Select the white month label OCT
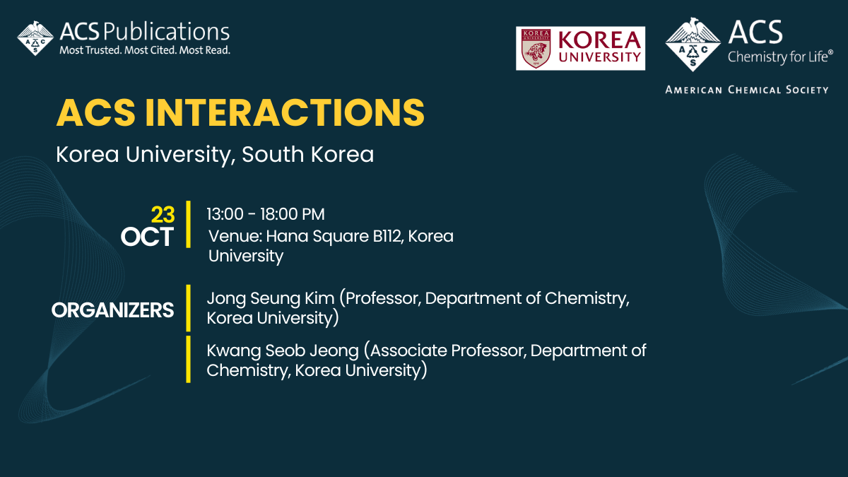coord(147,237)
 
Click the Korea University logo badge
coord(580,48)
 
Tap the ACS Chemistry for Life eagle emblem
coord(693,44)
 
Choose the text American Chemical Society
coord(746,90)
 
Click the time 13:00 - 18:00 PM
coord(266,214)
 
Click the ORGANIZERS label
coord(113,310)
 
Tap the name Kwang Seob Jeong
coord(282,351)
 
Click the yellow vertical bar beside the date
coord(189,224)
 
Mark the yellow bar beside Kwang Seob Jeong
coord(189,359)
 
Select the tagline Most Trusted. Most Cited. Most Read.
coord(145,50)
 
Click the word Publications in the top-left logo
coord(167,32)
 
